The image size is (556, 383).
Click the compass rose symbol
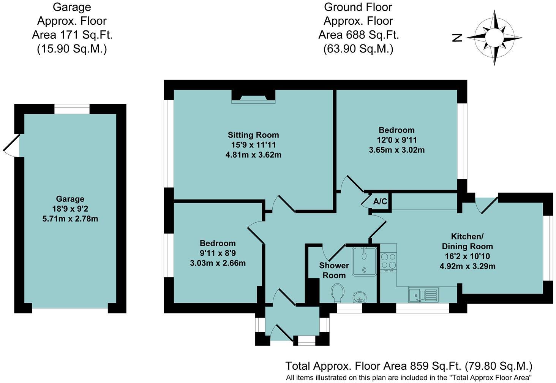[494, 38]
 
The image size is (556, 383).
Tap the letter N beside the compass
[457, 38]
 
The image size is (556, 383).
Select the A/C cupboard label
[380, 201]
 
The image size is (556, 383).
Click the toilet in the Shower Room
[338, 293]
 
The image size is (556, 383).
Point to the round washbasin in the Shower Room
[359, 297]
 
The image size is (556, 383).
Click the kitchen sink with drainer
[424, 295]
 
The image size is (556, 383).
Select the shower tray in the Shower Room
[364, 261]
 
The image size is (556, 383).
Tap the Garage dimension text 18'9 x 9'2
[70, 209]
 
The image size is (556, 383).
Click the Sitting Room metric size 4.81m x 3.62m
[253, 155]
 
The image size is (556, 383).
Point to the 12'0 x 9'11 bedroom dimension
[396, 140]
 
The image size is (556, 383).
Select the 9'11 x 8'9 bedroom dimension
[218, 253]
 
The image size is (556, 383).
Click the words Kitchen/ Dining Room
[468, 241]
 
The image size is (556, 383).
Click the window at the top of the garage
[72, 109]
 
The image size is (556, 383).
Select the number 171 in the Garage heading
[68, 35]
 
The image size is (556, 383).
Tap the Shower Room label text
[334, 270]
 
